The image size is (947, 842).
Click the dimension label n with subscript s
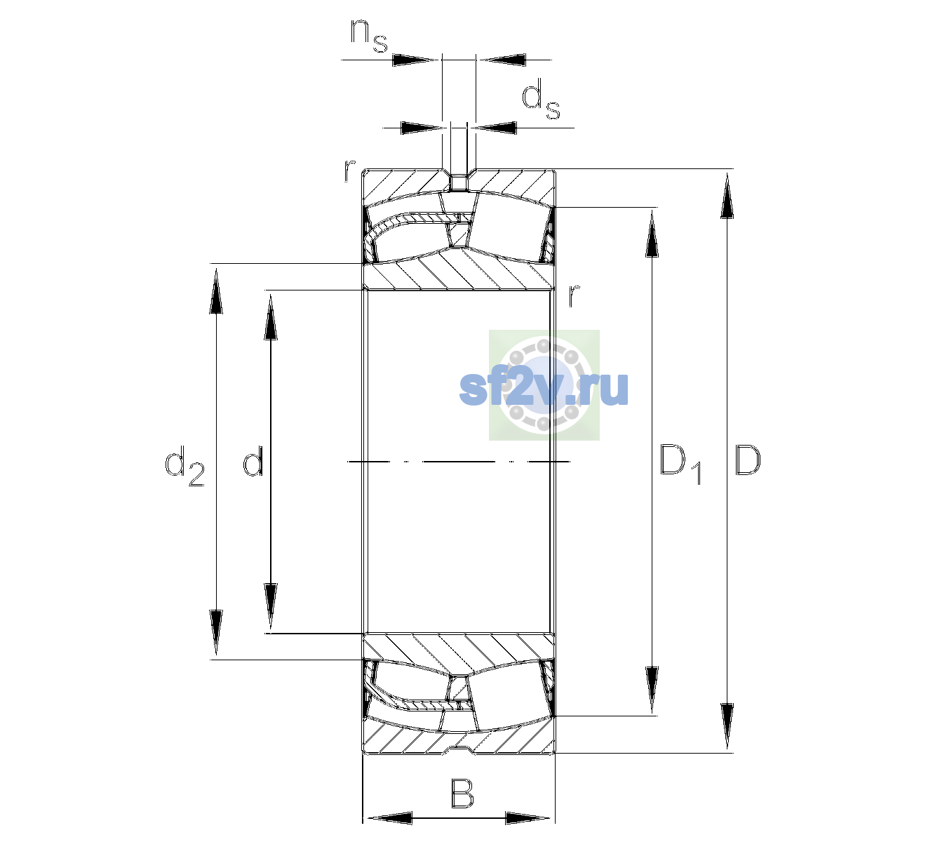[369, 36]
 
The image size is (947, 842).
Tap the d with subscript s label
[540, 99]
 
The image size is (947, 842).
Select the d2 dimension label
[184, 466]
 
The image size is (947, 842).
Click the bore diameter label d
[253, 461]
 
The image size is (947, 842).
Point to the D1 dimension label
[680, 466]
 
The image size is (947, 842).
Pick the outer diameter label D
[748, 460]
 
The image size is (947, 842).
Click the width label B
[462, 794]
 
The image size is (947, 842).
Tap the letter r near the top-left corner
[349, 171]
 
